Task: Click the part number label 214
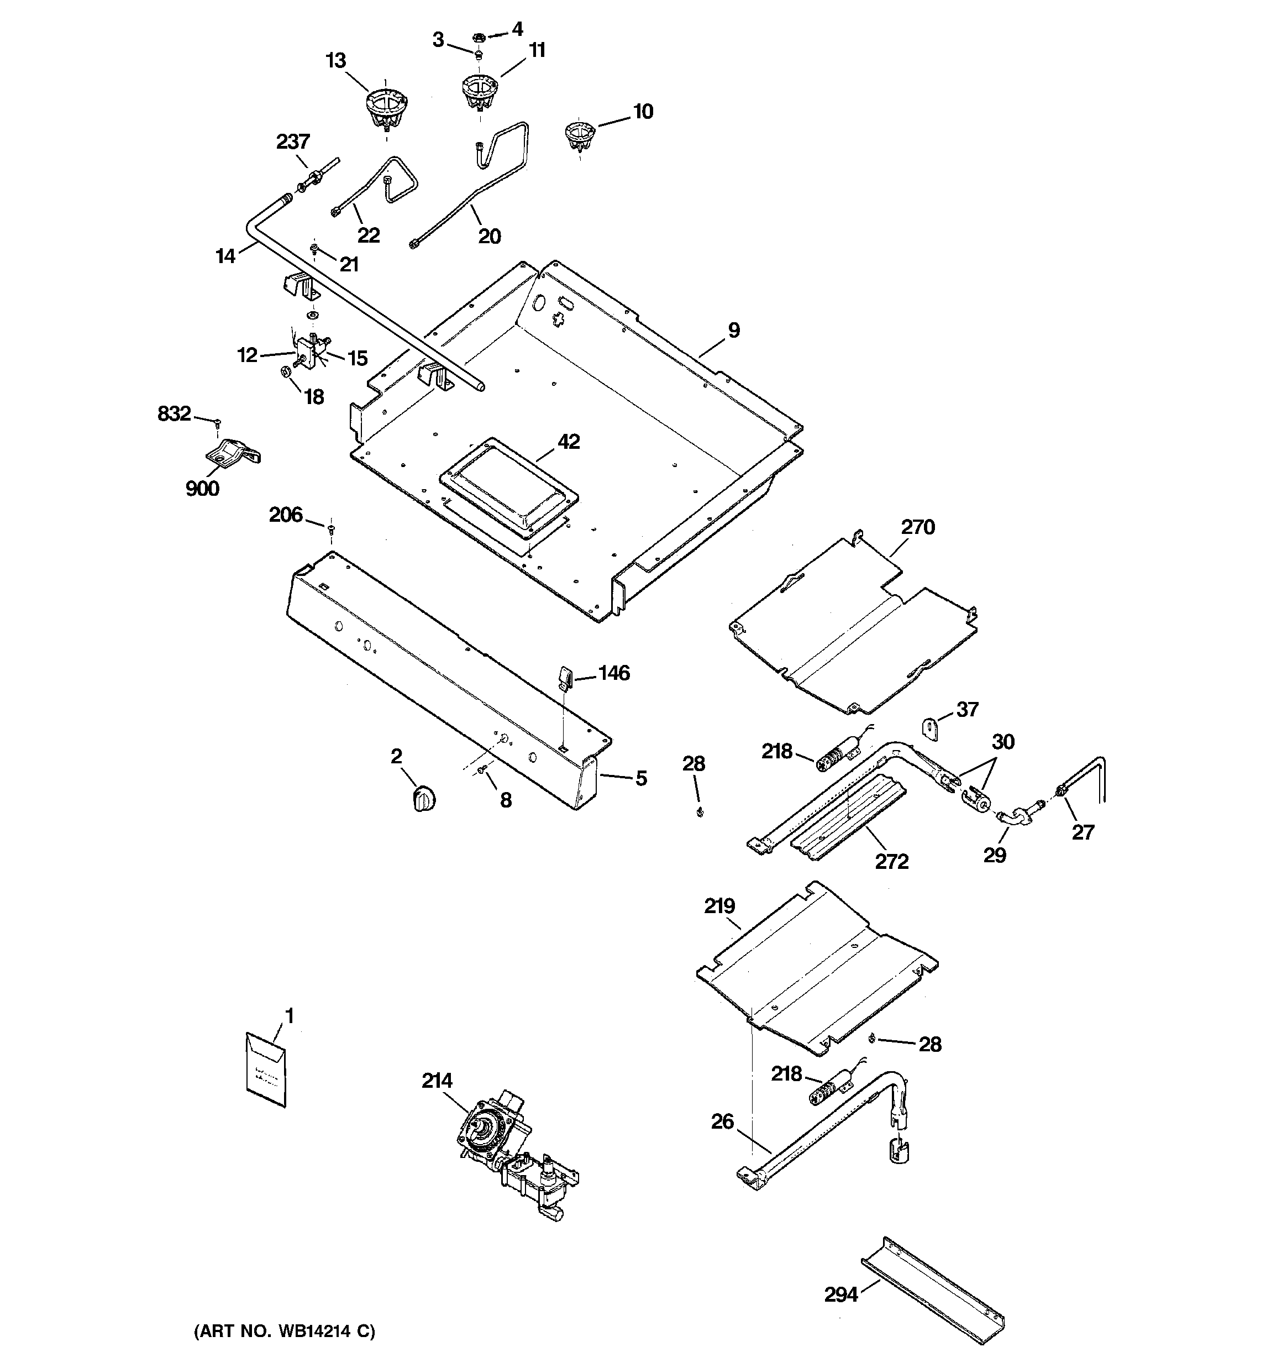(x=437, y=1081)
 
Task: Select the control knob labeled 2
(x=424, y=800)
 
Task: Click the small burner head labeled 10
(x=580, y=134)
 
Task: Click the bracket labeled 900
(x=233, y=453)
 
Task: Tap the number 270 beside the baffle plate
(x=918, y=528)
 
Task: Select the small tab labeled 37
(x=931, y=728)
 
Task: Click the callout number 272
(x=892, y=862)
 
